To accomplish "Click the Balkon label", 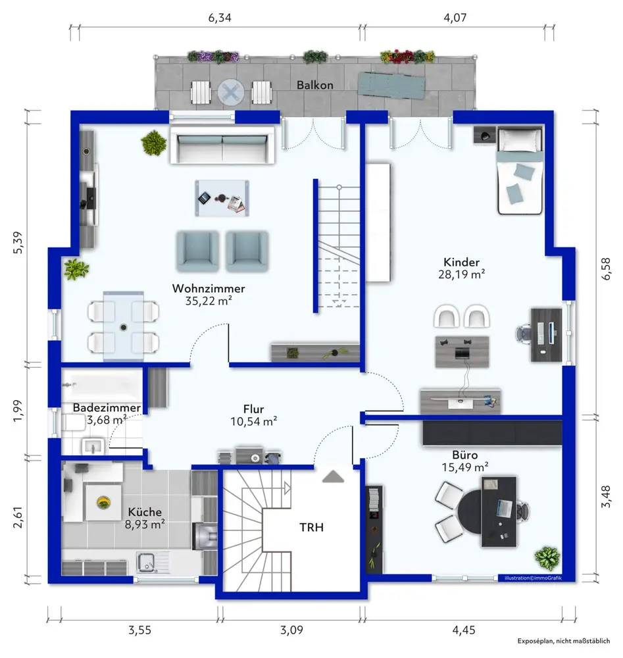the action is (x=314, y=85).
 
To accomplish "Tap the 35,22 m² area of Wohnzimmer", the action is (x=209, y=301).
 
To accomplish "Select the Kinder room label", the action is (x=461, y=262).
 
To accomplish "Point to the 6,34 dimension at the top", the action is (x=220, y=18).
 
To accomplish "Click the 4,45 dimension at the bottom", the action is (x=464, y=630).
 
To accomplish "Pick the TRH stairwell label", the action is (x=311, y=527).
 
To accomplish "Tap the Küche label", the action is (x=145, y=511).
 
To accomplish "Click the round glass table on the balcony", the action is (x=231, y=91).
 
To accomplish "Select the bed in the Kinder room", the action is (x=520, y=171).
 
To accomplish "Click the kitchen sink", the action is (x=147, y=563).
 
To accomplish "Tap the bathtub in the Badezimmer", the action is (x=102, y=385).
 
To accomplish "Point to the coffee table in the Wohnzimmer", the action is (x=222, y=198).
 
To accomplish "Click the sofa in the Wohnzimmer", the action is (x=222, y=145).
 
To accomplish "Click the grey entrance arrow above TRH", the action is (x=334, y=476).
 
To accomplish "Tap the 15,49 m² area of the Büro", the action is (x=465, y=467).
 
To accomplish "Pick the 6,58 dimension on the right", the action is (x=606, y=268).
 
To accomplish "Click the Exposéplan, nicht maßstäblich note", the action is (x=563, y=641).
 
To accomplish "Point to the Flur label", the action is (x=253, y=409).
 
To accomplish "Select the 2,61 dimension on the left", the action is (x=18, y=517).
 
